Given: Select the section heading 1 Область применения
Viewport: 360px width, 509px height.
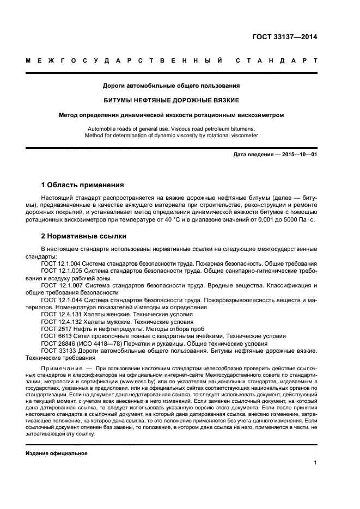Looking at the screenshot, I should pos(82,185).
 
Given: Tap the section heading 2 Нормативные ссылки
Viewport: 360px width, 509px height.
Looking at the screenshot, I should pos(84,236).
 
